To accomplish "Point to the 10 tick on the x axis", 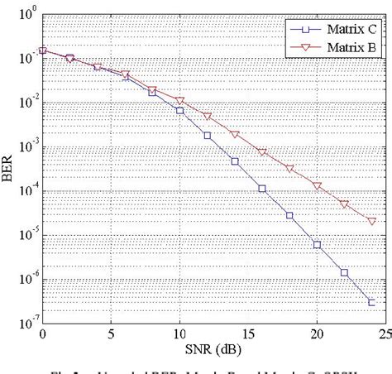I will click(179, 333).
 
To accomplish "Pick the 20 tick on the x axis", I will click(317, 333).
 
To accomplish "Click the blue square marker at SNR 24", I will click(371, 303).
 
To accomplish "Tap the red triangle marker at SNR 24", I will click(371, 221).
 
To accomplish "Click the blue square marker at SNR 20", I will click(317, 244).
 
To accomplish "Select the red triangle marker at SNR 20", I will click(317, 186).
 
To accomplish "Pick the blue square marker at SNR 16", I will click(262, 189).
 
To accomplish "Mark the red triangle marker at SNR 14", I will click(235, 135).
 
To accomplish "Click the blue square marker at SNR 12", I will click(207, 135).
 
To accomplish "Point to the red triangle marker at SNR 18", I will click(289, 168).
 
